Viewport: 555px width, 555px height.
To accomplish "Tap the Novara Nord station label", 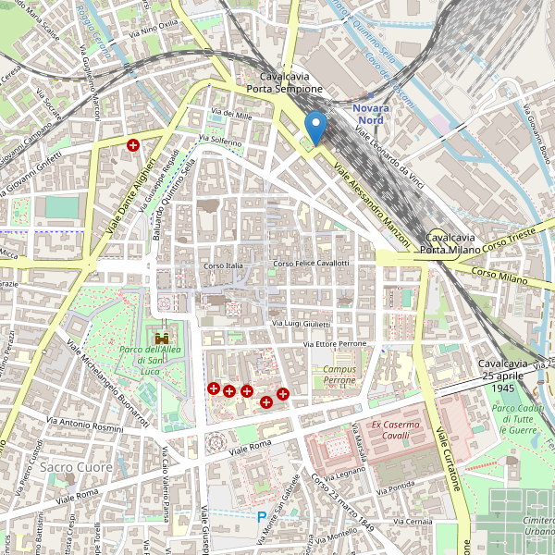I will (x=372, y=114).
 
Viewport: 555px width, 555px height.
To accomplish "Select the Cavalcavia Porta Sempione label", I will (x=284, y=82).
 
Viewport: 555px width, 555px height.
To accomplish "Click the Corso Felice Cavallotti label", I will (x=310, y=264).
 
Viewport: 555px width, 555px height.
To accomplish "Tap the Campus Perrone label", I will (x=339, y=375).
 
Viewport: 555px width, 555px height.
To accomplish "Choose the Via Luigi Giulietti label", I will (x=301, y=324).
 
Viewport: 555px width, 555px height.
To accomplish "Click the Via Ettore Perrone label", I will (x=335, y=344).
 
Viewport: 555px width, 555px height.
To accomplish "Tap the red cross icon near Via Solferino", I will (x=133, y=145).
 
